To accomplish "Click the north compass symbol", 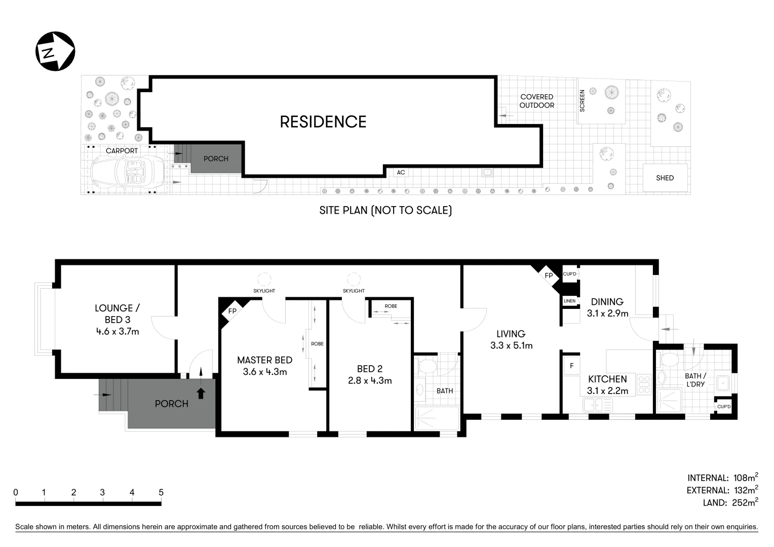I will [x=55, y=51].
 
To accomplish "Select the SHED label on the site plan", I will [x=665, y=178].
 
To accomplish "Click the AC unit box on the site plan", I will [x=401, y=173].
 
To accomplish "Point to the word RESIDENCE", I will [x=323, y=122].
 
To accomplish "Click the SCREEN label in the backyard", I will [x=582, y=101].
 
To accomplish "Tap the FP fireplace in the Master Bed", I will [x=232, y=311].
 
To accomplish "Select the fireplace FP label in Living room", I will [x=549, y=276].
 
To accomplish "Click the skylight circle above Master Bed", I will [x=264, y=279].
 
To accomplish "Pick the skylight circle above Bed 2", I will [x=353, y=279].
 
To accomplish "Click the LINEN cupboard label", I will [x=569, y=301].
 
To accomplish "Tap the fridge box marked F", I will [x=572, y=365].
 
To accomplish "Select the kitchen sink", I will [x=597, y=405].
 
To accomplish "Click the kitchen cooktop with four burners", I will [x=644, y=384].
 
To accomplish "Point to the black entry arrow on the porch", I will [x=201, y=393].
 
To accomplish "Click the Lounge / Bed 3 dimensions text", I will [x=118, y=332].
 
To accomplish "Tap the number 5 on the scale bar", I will [x=161, y=492].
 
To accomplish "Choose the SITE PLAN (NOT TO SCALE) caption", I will [x=385, y=210].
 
